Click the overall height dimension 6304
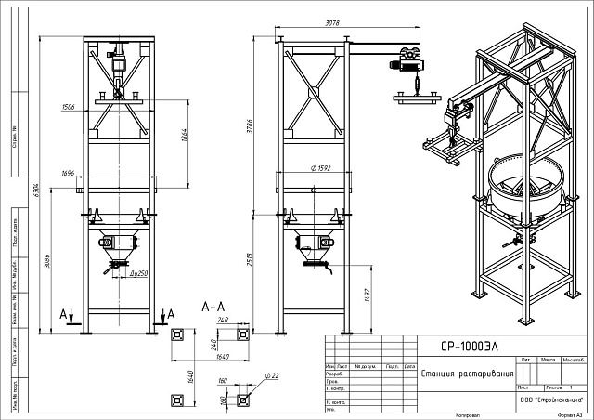38,190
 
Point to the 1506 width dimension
68,107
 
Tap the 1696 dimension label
68,173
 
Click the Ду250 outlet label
139,276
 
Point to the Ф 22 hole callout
272,375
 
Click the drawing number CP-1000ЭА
470,346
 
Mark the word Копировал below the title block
467,414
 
